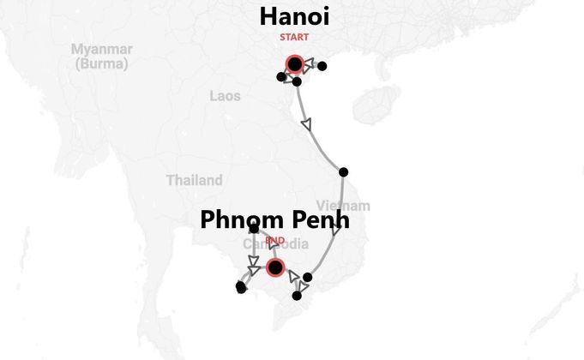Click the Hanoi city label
pyautogui.click(x=294, y=16)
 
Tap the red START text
pyautogui.click(x=294, y=37)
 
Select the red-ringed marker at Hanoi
pyautogui.click(x=294, y=63)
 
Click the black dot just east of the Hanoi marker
pyautogui.click(x=322, y=66)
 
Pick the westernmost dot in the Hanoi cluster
pyautogui.click(x=281, y=77)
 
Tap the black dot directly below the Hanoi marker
pyautogui.click(x=297, y=81)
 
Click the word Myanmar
pyautogui.click(x=102, y=49)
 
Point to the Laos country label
pyautogui.click(x=225, y=96)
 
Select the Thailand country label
pyautogui.click(x=194, y=180)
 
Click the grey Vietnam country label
pyautogui.click(x=343, y=206)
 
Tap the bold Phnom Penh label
pyautogui.click(x=274, y=219)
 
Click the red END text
pyautogui.click(x=274, y=241)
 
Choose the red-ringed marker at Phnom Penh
pyautogui.click(x=274, y=267)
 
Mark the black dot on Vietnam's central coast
pyautogui.click(x=343, y=172)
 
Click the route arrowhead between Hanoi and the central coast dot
pyautogui.click(x=306, y=124)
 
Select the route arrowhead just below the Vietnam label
pyautogui.click(x=336, y=230)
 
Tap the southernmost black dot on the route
pyautogui.click(x=297, y=296)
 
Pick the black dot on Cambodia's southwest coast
pyautogui.click(x=241, y=287)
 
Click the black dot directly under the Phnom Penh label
pyautogui.click(x=254, y=228)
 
